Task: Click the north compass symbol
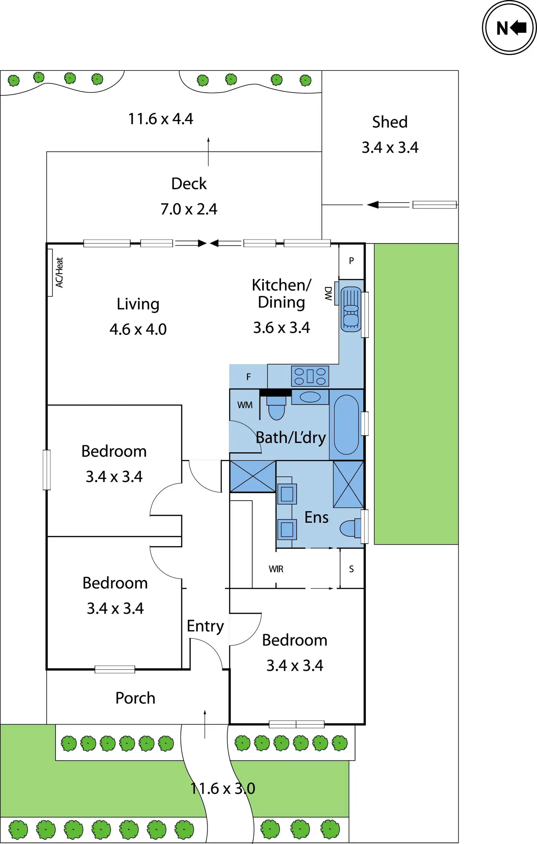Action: pyautogui.click(x=509, y=28)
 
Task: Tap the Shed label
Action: pyautogui.click(x=390, y=122)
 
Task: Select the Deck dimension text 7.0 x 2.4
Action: pyautogui.click(x=189, y=209)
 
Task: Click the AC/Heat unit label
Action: pyautogui.click(x=59, y=272)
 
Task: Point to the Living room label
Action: pyautogui.click(x=138, y=304)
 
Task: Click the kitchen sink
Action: pyautogui.click(x=351, y=308)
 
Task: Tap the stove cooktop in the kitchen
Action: pyautogui.click(x=310, y=376)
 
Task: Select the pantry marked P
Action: pyautogui.click(x=351, y=261)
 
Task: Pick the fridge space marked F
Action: pyautogui.click(x=248, y=377)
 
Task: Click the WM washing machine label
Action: pyautogui.click(x=244, y=405)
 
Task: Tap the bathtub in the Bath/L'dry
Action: pyautogui.click(x=346, y=424)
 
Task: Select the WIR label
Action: pyautogui.click(x=276, y=569)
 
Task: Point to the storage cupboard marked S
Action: pyautogui.click(x=351, y=569)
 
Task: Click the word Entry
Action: pyautogui.click(x=205, y=626)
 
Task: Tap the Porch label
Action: pyautogui.click(x=135, y=698)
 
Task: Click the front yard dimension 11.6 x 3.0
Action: pyautogui.click(x=223, y=789)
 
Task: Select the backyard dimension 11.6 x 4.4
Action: pyautogui.click(x=161, y=119)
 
